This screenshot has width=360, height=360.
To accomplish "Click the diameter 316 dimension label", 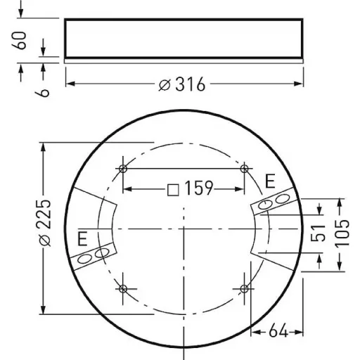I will (182, 84).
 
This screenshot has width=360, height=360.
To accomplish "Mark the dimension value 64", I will (278, 330).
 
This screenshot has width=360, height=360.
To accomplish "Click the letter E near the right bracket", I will (269, 183).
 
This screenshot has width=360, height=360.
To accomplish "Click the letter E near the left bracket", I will (82, 238).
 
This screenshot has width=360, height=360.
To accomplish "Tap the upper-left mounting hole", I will (123, 169).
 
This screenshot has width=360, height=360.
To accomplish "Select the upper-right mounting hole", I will (245, 169).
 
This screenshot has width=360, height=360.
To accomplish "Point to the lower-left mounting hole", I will (123, 289).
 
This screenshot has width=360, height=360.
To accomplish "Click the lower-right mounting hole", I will (245, 289).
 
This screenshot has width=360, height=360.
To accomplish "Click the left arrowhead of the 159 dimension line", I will (127, 189).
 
